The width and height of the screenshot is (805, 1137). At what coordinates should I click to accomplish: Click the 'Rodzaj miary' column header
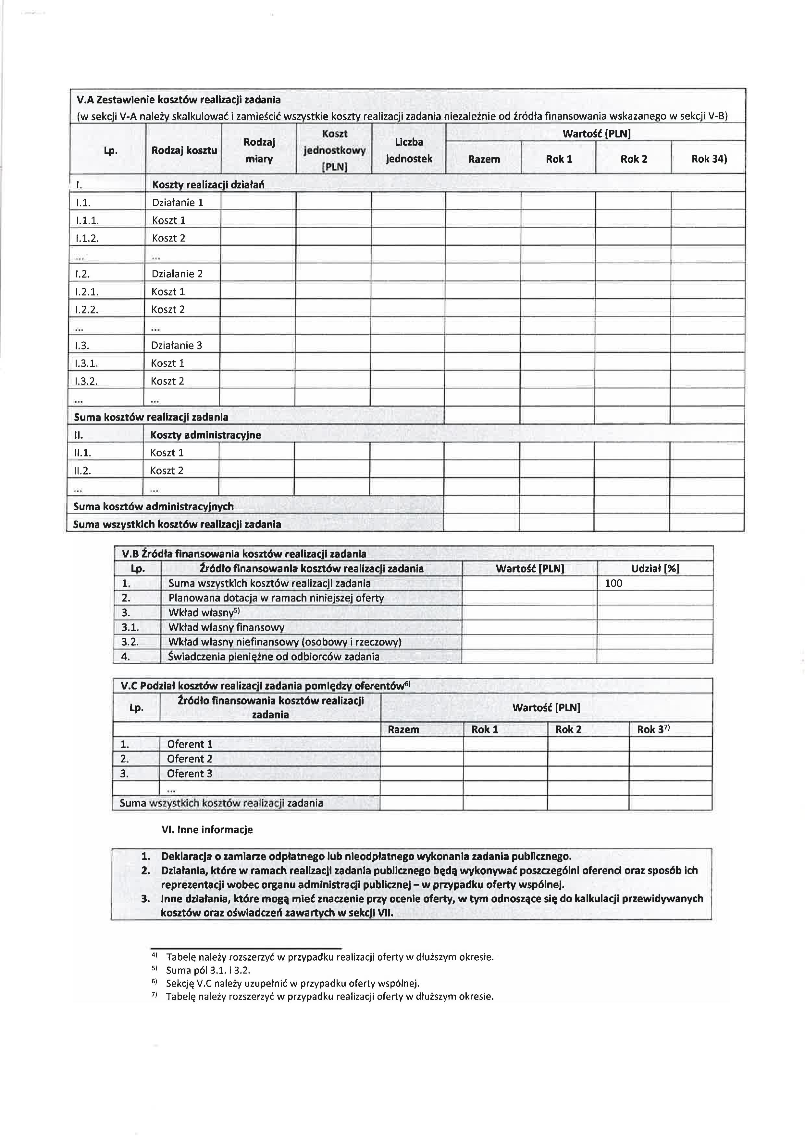[259, 150]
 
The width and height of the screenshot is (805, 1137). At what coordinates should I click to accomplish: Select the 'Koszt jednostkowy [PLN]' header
[335, 150]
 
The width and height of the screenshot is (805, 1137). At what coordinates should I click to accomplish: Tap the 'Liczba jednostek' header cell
[409, 150]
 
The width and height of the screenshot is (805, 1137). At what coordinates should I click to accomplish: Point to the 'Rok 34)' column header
[709, 159]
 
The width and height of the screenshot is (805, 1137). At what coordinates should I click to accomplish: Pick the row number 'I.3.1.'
[87, 363]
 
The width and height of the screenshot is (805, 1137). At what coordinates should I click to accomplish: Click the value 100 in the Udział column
[614, 583]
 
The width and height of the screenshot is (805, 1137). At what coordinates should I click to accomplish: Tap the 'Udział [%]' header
[655, 569]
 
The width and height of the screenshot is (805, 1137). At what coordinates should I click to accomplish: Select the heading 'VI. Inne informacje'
[207, 829]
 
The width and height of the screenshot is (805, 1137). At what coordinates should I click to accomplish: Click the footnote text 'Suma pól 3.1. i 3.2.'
[208, 970]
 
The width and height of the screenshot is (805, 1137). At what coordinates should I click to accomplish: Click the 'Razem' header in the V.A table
[484, 159]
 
